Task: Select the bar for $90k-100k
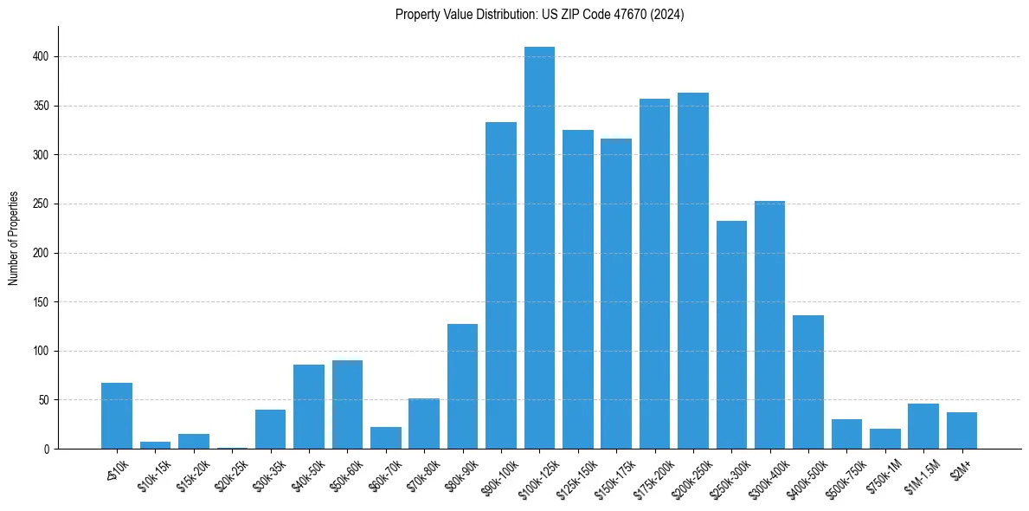(501, 286)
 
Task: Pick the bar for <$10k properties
(117, 416)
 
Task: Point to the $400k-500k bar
(808, 382)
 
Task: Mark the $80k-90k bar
(462, 386)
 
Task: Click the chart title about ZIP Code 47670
(540, 15)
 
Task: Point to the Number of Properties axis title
(14, 237)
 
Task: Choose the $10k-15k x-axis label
(151, 472)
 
